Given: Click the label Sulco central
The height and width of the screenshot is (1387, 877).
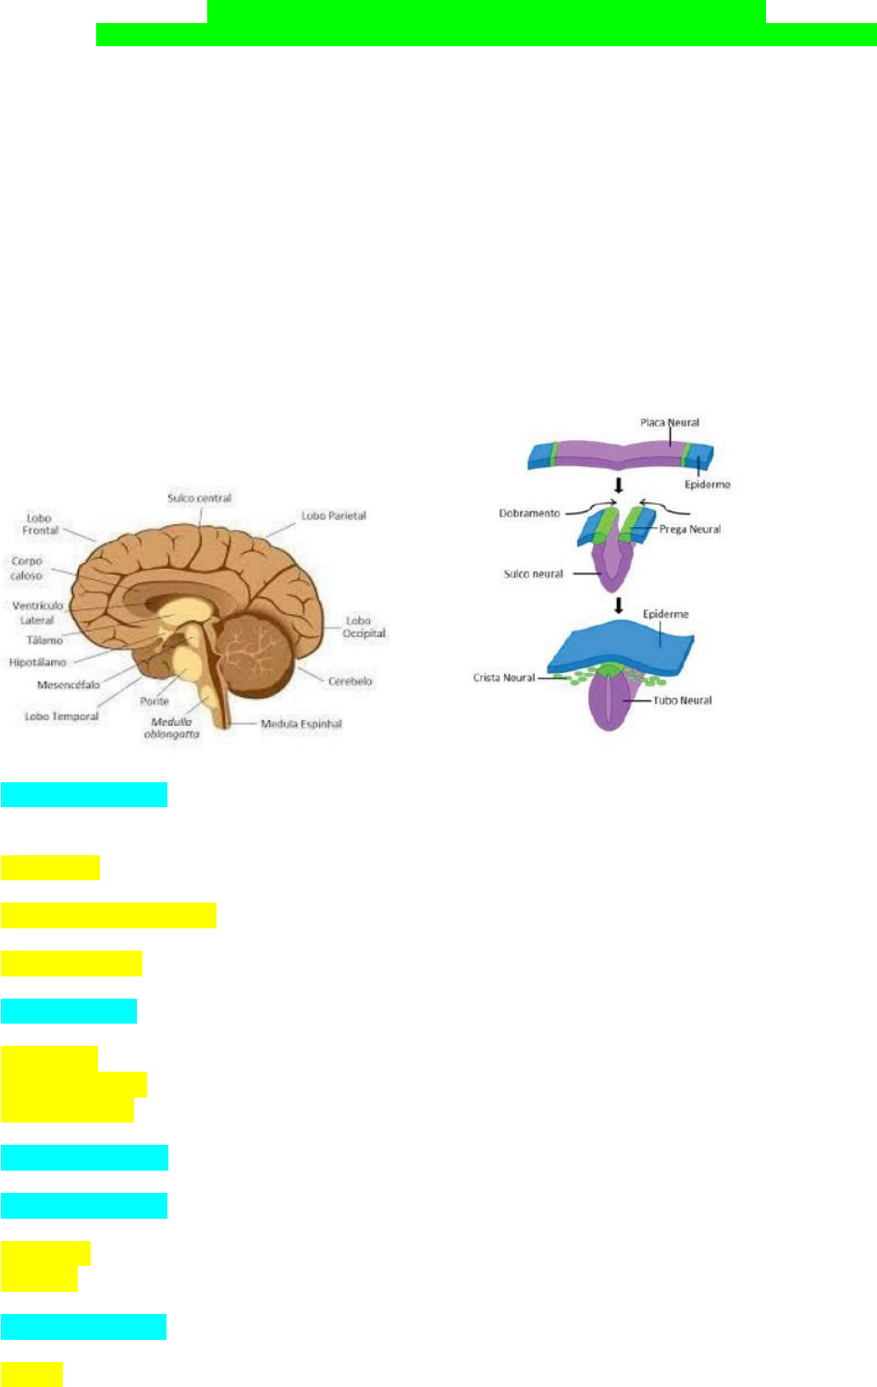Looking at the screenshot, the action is pos(199,498).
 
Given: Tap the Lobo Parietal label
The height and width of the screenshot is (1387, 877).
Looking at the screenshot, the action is pos(333,516).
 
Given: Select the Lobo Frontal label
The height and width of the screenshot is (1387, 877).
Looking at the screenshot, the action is pos(40,524).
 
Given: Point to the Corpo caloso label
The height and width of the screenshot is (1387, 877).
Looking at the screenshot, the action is pos(27,568).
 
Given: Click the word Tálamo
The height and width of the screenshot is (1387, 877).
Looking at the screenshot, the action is pos(44,640).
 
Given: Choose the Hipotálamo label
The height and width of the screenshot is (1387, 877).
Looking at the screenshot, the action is pos(38,662).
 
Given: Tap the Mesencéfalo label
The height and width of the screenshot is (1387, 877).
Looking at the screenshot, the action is pos(68,685).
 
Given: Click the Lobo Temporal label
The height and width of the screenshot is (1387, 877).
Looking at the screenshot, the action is pos(61,717).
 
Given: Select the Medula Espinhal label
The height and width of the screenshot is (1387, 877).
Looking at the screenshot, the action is pos(301,724).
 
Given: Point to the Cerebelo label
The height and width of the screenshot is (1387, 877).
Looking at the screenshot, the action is pos(350,681).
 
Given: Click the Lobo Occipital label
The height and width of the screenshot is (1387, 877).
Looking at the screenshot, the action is pos(364,627).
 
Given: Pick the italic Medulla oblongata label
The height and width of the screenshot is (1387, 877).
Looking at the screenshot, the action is pos(171,728).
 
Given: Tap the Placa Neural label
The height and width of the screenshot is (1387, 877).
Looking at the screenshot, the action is pos(670,423).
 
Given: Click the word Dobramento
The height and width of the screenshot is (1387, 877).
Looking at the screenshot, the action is pos(529,513).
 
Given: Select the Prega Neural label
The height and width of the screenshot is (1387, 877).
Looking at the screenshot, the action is pos(689,530).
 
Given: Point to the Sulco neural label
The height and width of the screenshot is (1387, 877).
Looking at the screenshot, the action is pos(533,574).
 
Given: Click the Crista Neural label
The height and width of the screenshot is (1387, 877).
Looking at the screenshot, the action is pos(503,678).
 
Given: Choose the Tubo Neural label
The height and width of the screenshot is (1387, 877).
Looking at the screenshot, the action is pos(682,701).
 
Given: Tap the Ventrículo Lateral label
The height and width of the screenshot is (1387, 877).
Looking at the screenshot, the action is pos(37,612).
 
